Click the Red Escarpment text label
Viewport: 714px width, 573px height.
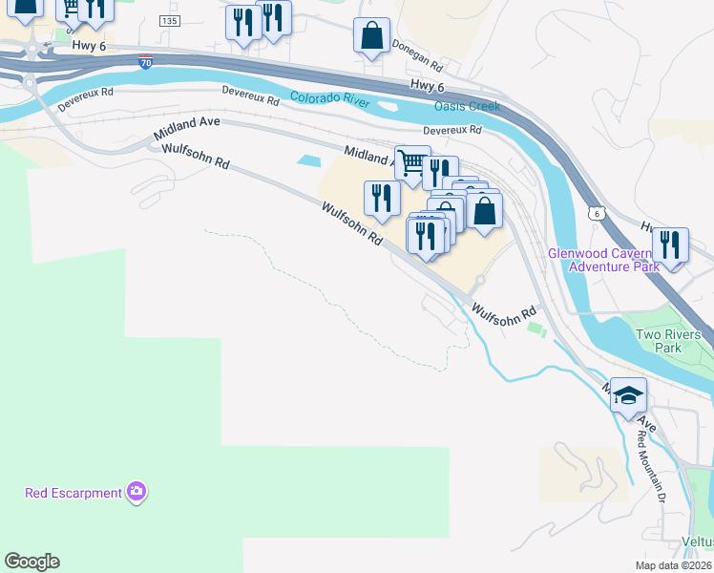(x=73, y=493)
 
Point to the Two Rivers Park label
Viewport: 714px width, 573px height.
(x=668, y=341)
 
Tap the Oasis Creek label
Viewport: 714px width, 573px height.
(x=467, y=106)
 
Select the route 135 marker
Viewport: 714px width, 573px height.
(x=169, y=21)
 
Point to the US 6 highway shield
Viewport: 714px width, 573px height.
(x=596, y=213)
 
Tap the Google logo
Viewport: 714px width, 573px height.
(x=31, y=562)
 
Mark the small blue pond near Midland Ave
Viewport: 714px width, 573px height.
(x=309, y=160)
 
